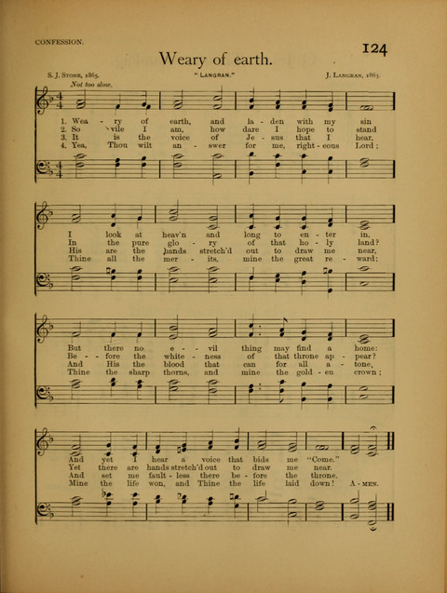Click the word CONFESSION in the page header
pyautogui.click(x=60, y=42)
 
